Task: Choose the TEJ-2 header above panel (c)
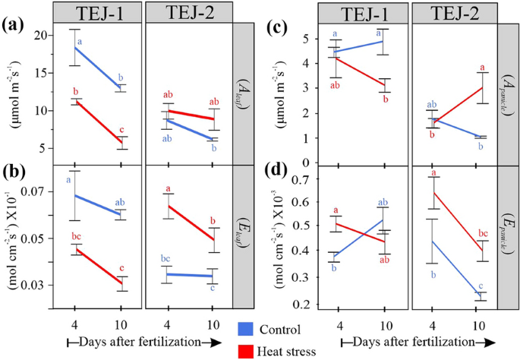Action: [452, 12]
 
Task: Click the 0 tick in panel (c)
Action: [309, 162]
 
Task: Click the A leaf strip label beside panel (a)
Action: [246, 93]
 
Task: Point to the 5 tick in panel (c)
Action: [309, 38]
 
